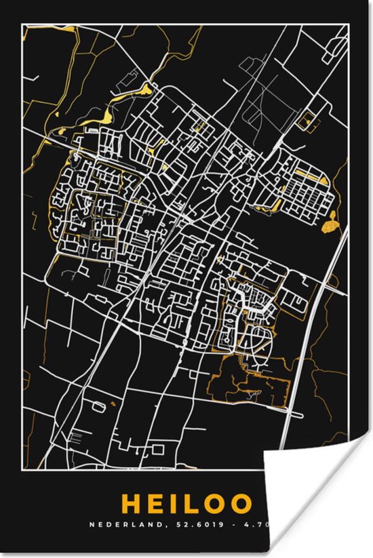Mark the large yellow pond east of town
[x=331, y=220]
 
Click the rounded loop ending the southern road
[x=158, y=449]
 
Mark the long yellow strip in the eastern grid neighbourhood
[x=309, y=176]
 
